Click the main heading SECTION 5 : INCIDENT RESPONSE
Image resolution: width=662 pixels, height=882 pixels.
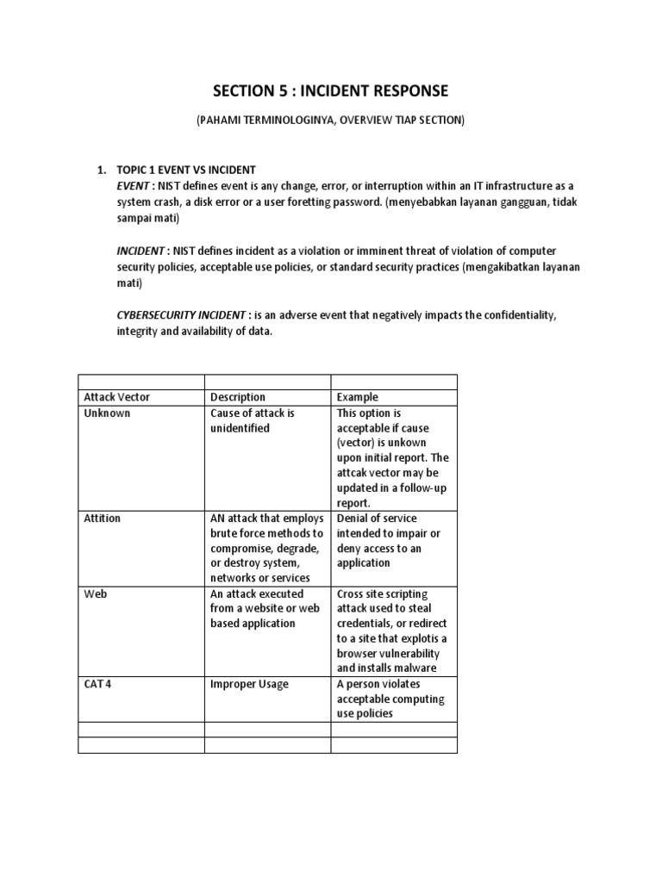point(331,90)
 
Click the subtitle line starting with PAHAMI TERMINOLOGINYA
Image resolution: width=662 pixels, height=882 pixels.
point(331,121)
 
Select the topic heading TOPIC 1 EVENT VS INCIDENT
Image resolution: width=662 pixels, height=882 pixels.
point(186,170)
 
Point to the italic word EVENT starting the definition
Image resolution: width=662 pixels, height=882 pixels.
point(134,185)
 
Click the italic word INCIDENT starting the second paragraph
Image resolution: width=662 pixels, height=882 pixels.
point(141,251)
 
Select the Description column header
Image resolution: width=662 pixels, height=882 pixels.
point(238,397)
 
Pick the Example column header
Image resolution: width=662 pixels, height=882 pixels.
point(357,397)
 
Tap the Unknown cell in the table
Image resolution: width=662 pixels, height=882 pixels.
point(108,413)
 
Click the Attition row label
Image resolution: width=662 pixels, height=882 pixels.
point(103,519)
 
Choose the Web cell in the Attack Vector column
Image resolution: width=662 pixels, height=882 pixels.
point(95,593)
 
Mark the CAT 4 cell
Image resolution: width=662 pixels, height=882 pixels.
point(97,684)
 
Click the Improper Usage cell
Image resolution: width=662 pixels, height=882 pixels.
point(249,684)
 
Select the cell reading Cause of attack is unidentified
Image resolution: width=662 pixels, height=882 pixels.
point(253,420)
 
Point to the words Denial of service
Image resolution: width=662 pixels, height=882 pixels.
point(377,519)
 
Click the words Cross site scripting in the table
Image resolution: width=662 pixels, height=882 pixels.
point(382,593)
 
